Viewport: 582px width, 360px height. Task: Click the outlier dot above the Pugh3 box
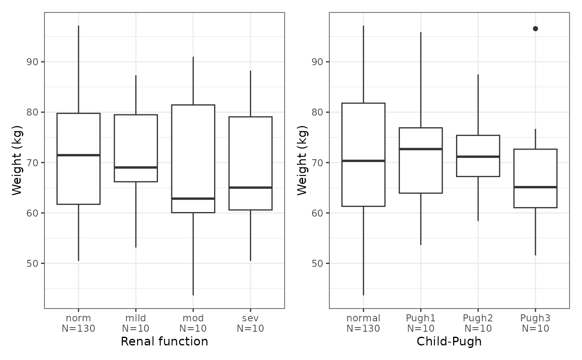click(535, 29)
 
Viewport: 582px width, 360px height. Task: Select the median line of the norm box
click(79, 155)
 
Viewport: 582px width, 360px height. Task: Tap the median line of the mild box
click(136, 167)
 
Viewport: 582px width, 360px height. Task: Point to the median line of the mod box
click(193, 198)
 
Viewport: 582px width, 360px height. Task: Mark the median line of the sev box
click(250, 187)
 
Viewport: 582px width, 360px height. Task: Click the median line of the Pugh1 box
click(421, 149)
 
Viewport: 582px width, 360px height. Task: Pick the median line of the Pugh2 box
click(478, 156)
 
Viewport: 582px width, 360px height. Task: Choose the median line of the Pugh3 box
click(535, 187)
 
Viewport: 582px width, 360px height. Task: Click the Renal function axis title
click(165, 341)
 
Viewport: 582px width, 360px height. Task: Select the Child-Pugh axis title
click(449, 342)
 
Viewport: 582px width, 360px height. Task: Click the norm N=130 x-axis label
click(79, 323)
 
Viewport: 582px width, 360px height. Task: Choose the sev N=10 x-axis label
click(250, 323)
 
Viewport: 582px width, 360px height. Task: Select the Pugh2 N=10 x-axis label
click(478, 323)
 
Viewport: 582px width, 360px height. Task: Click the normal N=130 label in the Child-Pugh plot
click(363, 323)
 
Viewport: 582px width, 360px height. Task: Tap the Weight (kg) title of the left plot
click(17, 160)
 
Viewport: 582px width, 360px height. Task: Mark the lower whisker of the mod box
click(193, 254)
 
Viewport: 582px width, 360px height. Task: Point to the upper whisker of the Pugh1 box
click(421, 80)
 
